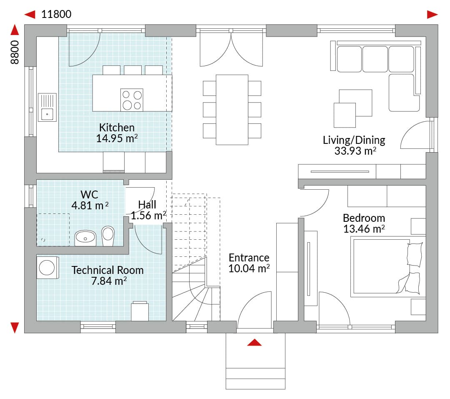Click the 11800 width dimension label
56,14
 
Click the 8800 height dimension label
15,52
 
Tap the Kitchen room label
117,127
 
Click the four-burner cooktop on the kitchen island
132,100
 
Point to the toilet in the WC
108,236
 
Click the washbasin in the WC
85,238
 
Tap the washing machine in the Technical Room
47,267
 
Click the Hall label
147,205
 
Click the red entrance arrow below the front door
254,342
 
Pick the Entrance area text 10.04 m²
249,269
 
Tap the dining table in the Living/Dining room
232,110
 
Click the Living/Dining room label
354,140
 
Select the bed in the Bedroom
388,267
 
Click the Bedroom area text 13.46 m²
364,229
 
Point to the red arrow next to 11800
30,14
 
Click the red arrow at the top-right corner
432,14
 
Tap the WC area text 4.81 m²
90,206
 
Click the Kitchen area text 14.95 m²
117,138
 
